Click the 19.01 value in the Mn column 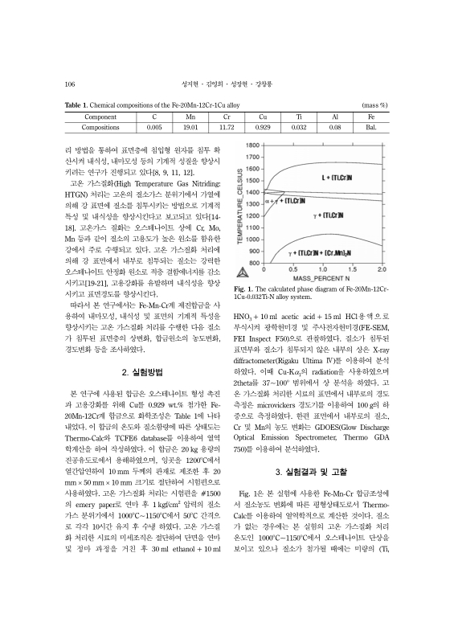pos(190,127)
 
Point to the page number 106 pos(70,83)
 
